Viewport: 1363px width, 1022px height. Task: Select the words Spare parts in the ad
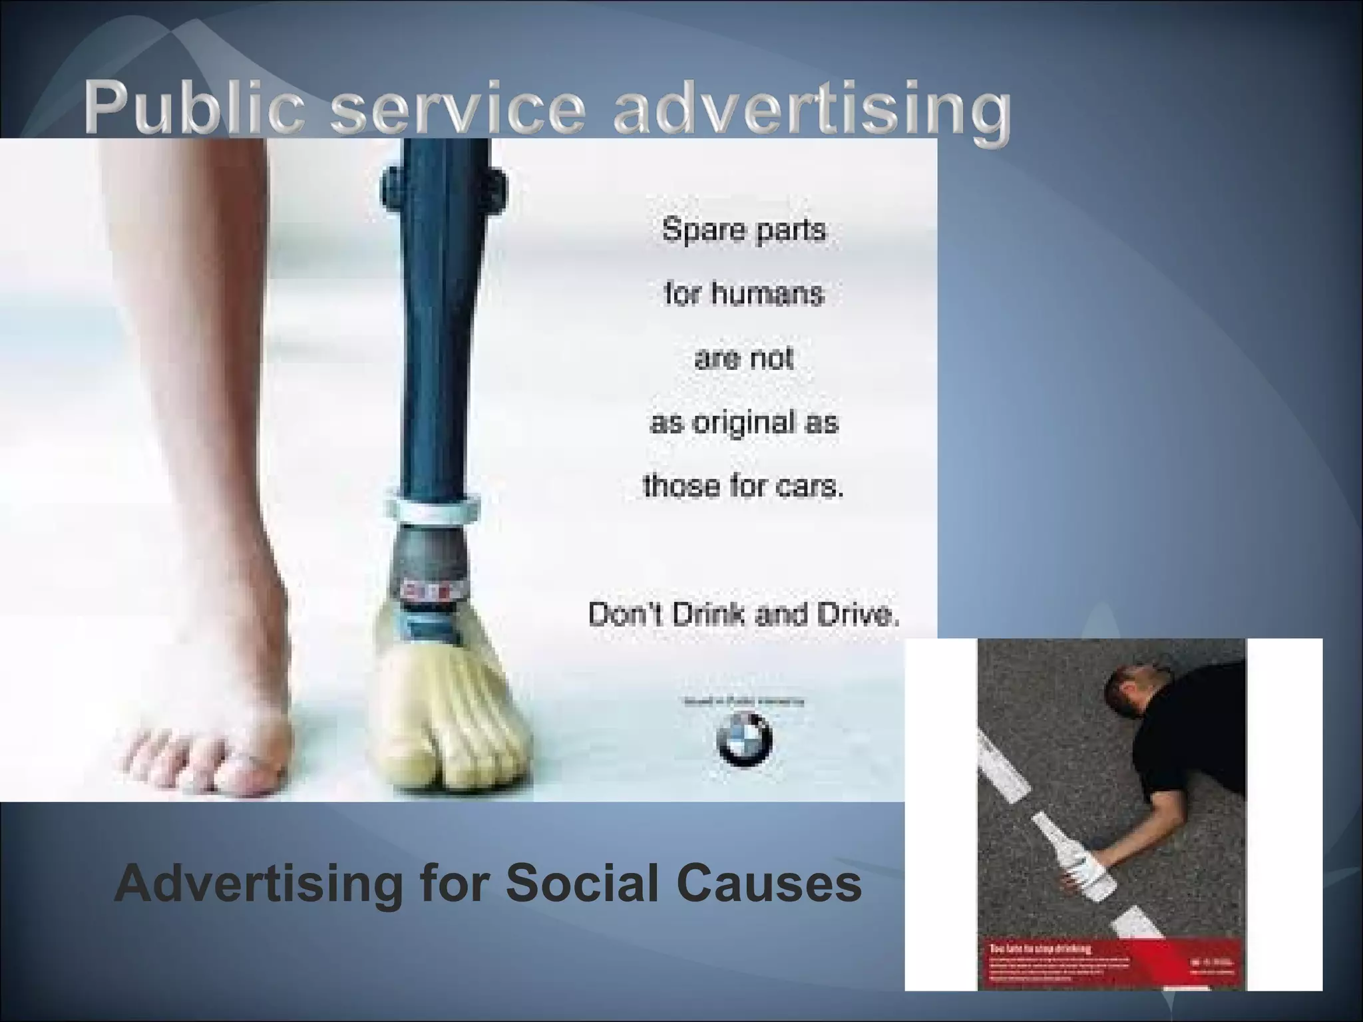coord(743,230)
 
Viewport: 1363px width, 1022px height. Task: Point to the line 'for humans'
coord(743,293)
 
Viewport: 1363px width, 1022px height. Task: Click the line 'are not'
coord(743,358)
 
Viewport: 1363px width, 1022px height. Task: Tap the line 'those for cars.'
coord(743,486)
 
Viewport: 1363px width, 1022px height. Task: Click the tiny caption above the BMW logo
coord(743,701)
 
